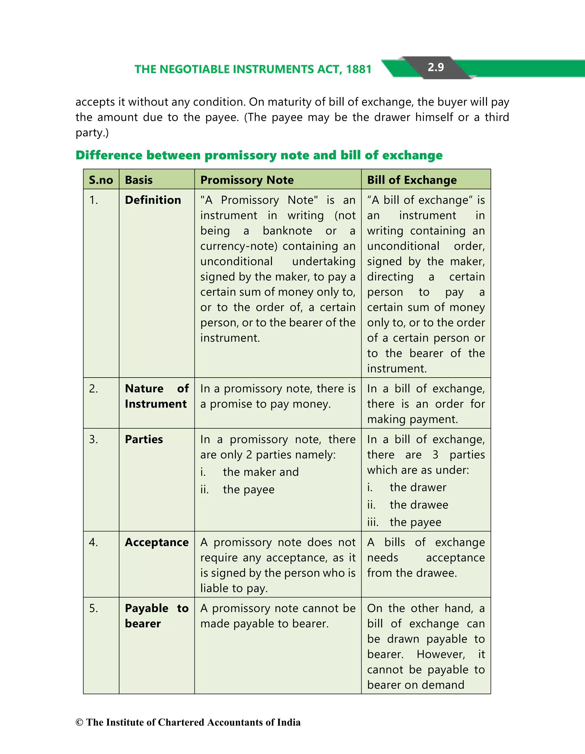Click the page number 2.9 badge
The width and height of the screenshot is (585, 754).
pyautogui.click(x=435, y=67)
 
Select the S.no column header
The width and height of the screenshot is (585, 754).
pyautogui.click(x=101, y=180)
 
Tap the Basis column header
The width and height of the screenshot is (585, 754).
pyautogui.click(x=139, y=180)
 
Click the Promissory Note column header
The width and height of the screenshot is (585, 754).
pyautogui.click(x=247, y=180)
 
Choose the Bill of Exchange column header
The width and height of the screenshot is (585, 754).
pyautogui.click(x=412, y=180)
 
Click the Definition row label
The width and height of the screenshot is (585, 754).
pyautogui.click(x=153, y=200)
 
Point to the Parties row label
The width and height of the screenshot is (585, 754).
pyautogui.click(x=144, y=439)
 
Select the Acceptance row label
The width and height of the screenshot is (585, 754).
pyautogui.click(x=157, y=542)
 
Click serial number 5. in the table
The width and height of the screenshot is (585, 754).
pyautogui.click(x=93, y=608)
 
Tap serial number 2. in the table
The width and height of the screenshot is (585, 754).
pyautogui.click(x=93, y=388)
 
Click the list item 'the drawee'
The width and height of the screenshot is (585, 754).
pyautogui.click(x=419, y=505)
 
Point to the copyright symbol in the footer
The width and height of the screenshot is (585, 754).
pyautogui.click(x=79, y=723)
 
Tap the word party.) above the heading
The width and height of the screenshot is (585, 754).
pyautogui.click(x=92, y=133)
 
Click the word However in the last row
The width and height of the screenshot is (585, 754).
pyautogui.click(x=440, y=654)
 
